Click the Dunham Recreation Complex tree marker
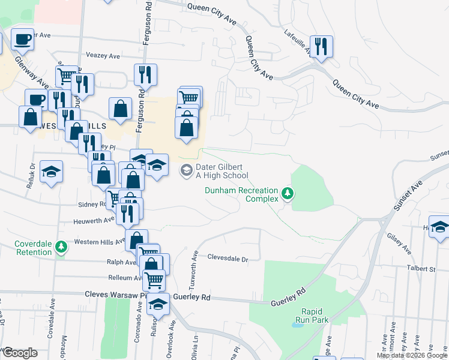(289, 193)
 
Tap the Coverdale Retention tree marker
(61, 247)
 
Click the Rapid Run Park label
(312, 316)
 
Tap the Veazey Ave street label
(103, 55)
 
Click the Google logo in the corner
(20, 352)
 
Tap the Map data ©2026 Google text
(412, 355)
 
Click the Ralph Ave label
(122, 262)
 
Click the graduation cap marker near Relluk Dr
(51, 172)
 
